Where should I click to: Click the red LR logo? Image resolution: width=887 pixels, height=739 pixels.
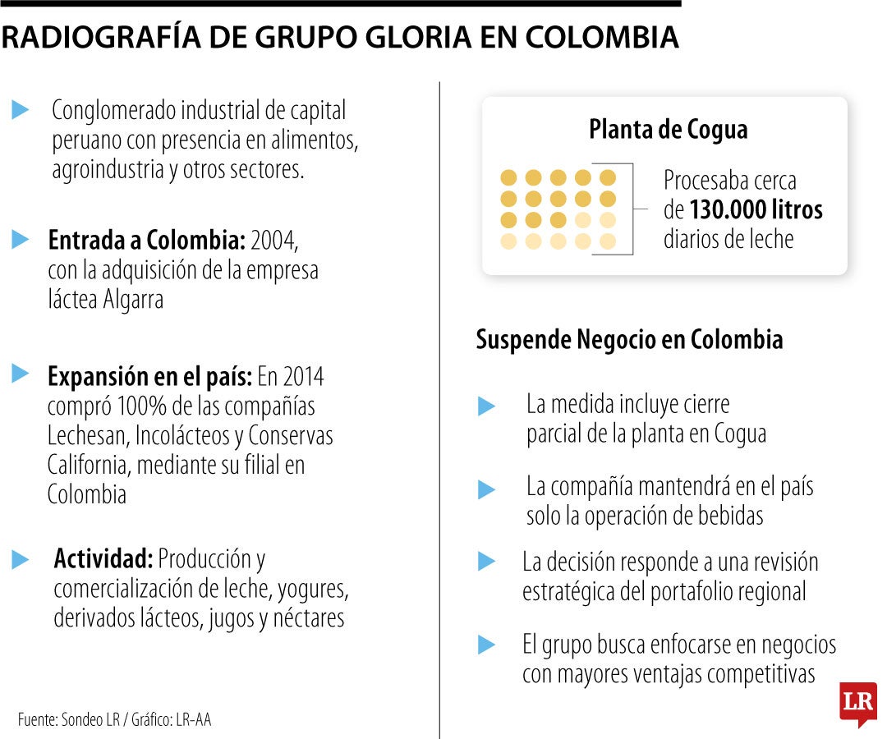[x=857, y=703]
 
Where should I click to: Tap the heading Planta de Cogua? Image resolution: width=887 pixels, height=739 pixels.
[x=668, y=130]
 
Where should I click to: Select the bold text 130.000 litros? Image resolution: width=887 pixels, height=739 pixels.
[x=756, y=210]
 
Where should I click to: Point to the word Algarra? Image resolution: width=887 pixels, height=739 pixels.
[x=133, y=300]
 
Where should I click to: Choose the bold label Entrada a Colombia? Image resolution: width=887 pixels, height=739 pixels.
[x=147, y=241]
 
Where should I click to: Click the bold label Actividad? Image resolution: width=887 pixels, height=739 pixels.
[x=103, y=559]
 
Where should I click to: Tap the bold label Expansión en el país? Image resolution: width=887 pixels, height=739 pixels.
[x=149, y=377]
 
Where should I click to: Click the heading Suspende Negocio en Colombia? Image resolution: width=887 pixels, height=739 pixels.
[x=629, y=340]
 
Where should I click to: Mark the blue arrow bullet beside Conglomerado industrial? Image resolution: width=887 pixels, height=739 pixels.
[x=21, y=110]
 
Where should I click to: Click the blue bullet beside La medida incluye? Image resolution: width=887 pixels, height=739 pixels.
[x=486, y=406]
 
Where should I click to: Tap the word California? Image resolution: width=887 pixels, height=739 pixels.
[x=86, y=465]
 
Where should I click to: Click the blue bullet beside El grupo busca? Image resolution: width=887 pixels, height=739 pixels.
[x=486, y=645]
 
